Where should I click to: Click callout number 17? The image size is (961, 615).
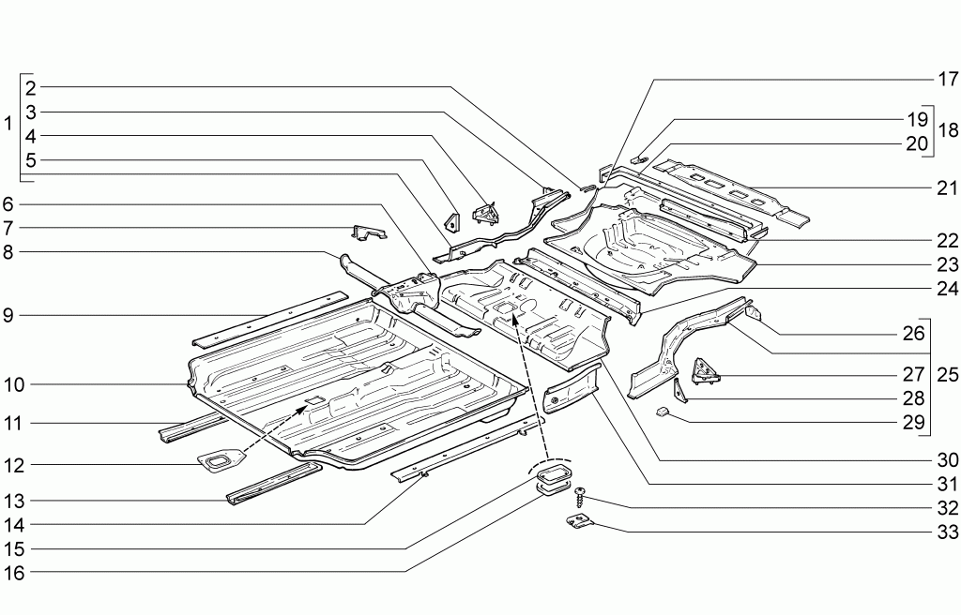tap(947, 79)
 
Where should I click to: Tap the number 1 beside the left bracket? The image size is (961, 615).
tap(8, 125)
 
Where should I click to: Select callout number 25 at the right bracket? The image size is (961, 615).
tap(948, 374)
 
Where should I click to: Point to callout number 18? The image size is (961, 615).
tap(948, 130)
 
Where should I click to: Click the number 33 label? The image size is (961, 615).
tap(948, 532)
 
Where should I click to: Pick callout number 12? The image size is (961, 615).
tap(14, 465)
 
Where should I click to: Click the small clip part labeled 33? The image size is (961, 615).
tap(580, 522)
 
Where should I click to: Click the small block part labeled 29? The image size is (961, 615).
tap(664, 412)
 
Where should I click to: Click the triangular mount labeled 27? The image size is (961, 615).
tap(707, 372)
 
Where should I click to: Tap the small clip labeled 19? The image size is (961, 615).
tap(638, 160)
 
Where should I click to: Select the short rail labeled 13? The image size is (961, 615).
tap(274, 484)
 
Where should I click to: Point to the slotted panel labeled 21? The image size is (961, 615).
tap(731, 190)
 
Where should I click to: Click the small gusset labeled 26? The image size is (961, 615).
tap(754, 311)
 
